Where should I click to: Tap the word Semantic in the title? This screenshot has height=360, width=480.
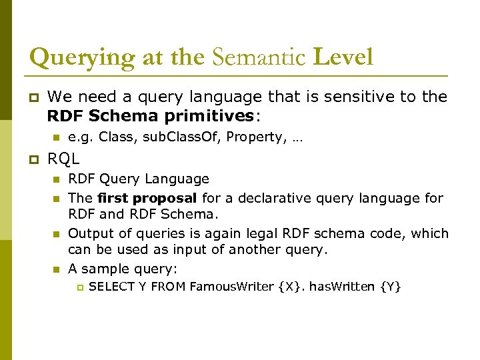coord(259,57)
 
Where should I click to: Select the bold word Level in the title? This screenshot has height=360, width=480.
coord(343,57)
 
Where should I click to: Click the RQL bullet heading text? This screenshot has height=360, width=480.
coord(64,159)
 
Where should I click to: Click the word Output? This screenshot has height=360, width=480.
coord(89,234)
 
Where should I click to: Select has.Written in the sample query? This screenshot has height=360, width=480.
coord(342,287)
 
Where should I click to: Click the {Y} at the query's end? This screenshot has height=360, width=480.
coord(390,287)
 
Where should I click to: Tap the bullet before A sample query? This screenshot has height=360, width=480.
coord(56,269)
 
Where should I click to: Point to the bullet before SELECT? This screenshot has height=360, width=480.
coord(78,287)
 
